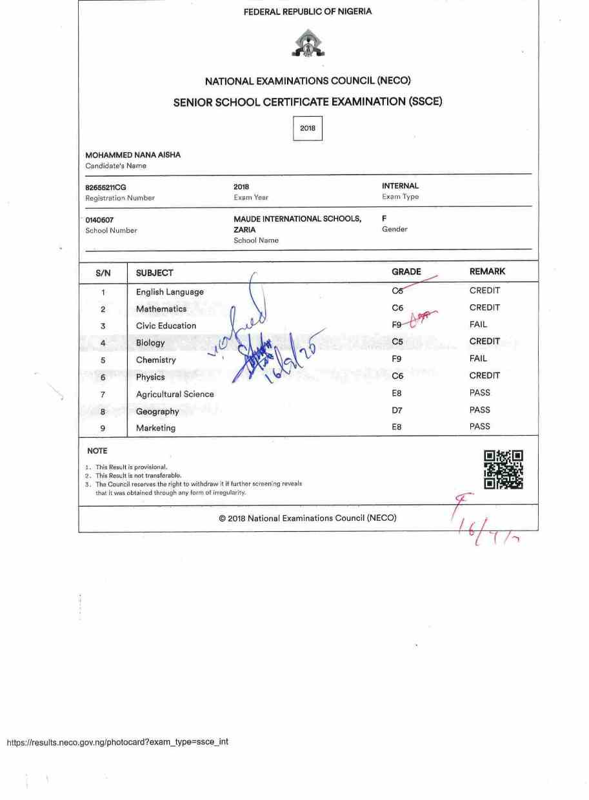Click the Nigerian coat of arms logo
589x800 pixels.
point(308,44)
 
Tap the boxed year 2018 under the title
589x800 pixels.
point(308,128)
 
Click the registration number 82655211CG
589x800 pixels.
point(106,188)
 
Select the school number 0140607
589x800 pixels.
point(99,220)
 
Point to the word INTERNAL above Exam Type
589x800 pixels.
point(400,186)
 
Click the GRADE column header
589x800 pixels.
point(406,272)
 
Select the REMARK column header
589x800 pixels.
point(487,272)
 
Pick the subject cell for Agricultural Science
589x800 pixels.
point(175,394)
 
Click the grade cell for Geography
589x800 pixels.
point(397,410)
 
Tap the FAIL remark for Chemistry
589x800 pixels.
point(478,358)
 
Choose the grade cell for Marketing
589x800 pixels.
point(397,427)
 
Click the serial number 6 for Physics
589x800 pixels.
point(103,377)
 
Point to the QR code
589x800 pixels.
point(503,469)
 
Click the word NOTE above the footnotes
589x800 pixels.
point(97,451)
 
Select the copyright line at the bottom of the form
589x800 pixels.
point(308,518)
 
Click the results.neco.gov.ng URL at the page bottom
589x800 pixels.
point(117,742)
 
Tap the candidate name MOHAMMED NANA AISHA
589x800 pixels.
point(133,155)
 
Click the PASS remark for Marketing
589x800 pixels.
point(480,426)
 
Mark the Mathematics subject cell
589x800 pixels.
point(161,309)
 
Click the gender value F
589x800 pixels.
point(384,219)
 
